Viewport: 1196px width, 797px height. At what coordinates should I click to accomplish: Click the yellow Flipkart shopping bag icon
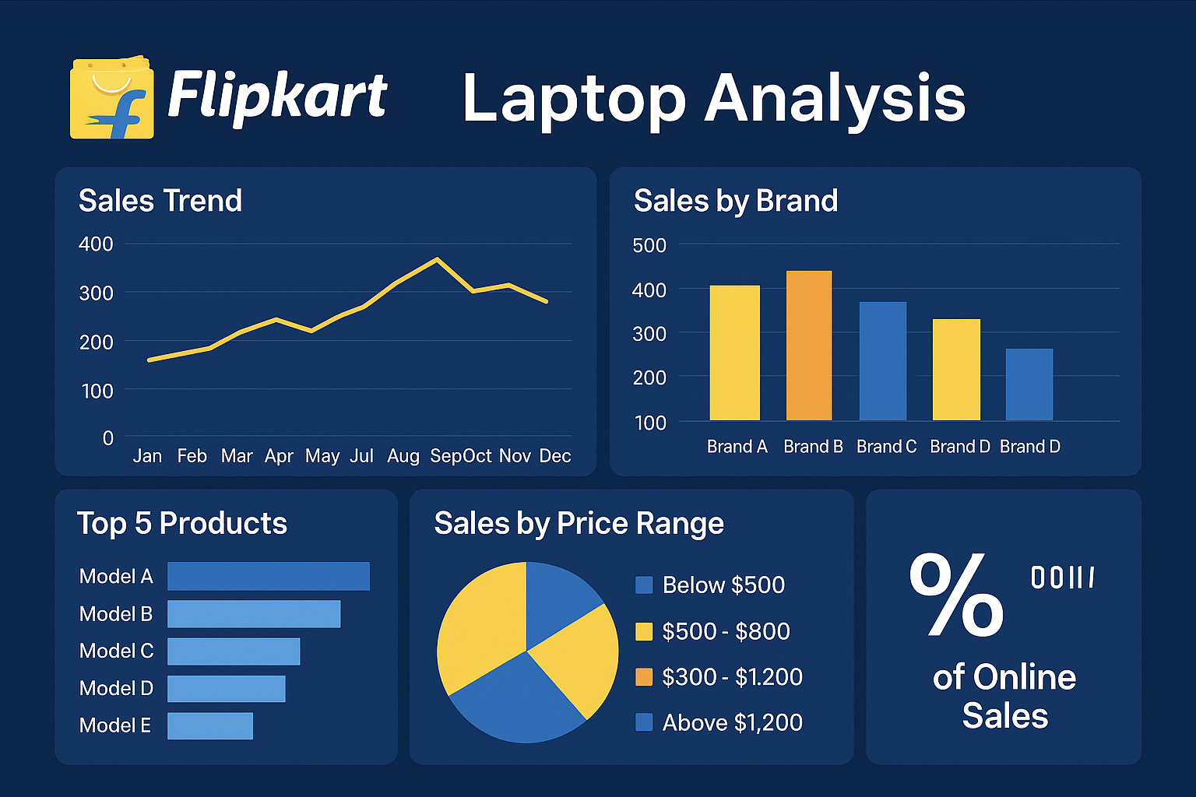tap(111, 99)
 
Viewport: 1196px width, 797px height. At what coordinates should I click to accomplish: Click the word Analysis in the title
tap(835, 99)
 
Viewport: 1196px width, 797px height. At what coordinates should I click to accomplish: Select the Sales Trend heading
tap(160, 201)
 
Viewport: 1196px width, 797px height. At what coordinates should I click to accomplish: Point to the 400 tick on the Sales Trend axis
tap(96, 244)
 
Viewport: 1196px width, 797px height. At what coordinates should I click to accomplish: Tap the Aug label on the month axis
tap(403, 456)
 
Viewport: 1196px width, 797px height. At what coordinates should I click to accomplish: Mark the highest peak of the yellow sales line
tap(438, 259)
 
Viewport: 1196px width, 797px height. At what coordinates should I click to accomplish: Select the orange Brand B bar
tap(809, 346)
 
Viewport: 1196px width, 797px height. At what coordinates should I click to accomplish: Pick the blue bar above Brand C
tap(883, 361)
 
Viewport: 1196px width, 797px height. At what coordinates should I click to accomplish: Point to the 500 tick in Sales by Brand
tap(649, 246)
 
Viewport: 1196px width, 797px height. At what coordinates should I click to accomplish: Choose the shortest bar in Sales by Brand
tap(1029, 384)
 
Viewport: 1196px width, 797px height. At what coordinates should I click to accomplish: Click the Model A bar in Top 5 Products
tap(269, 577)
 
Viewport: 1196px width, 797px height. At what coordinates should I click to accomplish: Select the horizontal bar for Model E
tap(210, 726)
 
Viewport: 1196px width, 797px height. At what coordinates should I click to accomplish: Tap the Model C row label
tap(117, 651)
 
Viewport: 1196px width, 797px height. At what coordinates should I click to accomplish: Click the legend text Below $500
tap(723, 585)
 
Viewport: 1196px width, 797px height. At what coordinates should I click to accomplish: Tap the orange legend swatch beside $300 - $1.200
tap(644, 677)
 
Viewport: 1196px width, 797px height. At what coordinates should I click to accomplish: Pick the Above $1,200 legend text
tap(732, 723)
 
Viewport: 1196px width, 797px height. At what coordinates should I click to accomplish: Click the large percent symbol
tap(956, 595)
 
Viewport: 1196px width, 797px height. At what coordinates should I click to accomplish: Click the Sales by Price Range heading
tap(579, 524)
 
